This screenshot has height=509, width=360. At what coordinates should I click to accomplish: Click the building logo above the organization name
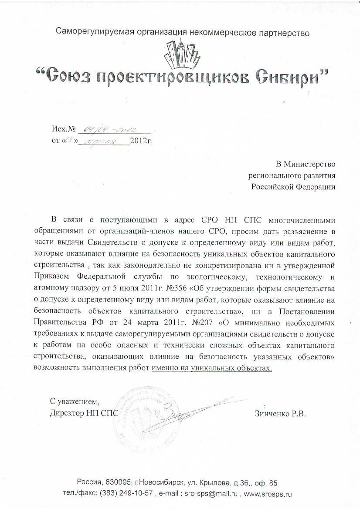[x=180, y=53]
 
